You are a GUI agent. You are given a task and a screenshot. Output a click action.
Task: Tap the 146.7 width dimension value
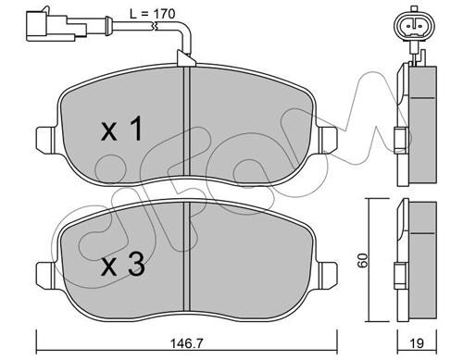[x=187, y=343]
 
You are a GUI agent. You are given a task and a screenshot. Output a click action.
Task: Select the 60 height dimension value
[x=363, y=260]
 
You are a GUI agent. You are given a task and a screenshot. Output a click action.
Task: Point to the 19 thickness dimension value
[x=418, y=343]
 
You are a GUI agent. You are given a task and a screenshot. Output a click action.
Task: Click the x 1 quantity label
[x=122, y=129]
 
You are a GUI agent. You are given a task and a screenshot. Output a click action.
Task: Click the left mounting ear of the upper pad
[x=45, y=140]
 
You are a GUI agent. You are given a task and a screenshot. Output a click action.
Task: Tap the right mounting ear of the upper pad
[x=328, y=140]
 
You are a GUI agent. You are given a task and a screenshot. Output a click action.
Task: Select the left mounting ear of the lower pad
[x=45, y=276]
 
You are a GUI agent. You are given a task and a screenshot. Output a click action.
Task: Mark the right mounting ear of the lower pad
[x=328, y=276]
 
